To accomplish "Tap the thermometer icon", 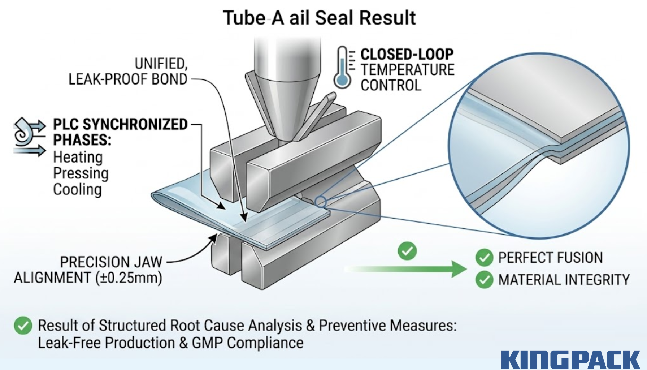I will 342,68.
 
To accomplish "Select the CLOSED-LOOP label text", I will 407,54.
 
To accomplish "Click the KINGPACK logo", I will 570,360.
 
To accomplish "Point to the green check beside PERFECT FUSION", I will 484,258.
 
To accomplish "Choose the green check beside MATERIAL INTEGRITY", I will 484,280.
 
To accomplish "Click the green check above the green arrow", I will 407,251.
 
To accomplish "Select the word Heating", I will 78,157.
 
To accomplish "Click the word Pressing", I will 81,173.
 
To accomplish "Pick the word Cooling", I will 77,189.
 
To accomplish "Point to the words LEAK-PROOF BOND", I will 128,79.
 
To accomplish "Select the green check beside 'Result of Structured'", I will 23,325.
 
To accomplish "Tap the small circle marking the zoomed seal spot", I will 320,202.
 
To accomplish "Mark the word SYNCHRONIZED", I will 135,124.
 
